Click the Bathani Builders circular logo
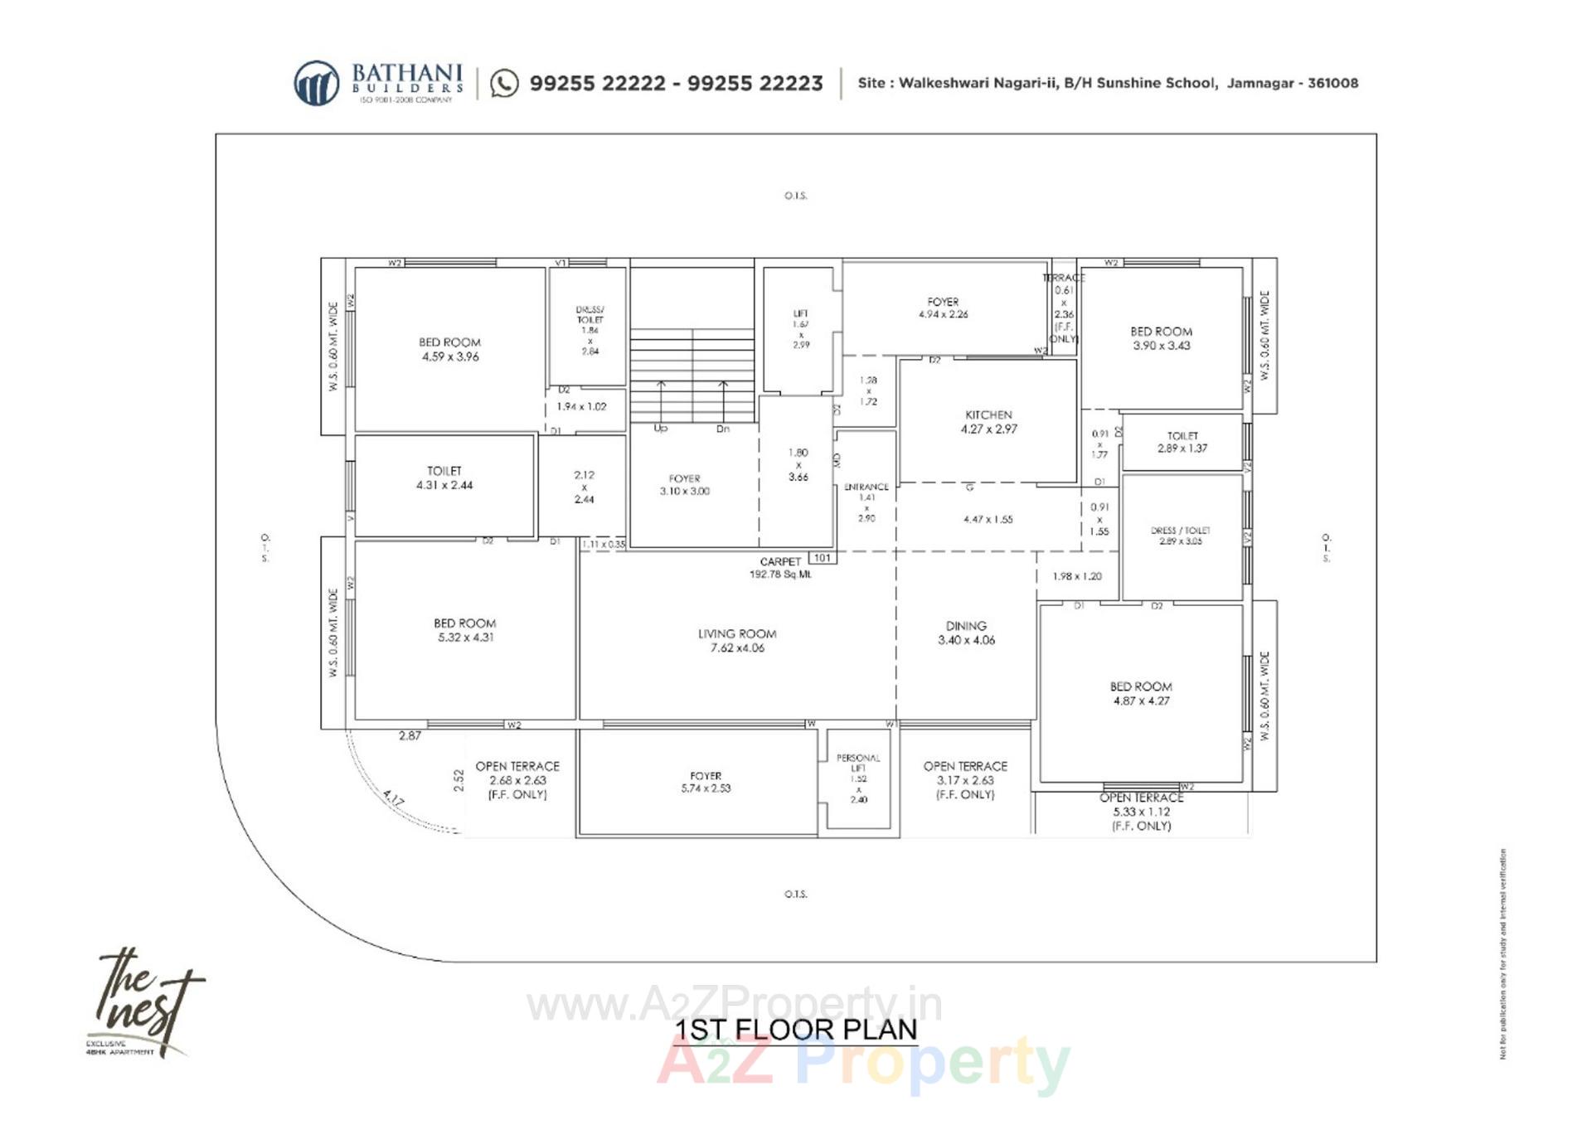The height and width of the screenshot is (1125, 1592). coord(316,83)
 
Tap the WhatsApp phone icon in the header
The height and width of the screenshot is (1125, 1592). coord(504,84)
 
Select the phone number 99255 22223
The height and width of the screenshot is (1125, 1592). coord(755,84)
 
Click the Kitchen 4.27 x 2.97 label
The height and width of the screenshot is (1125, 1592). coord(988,422)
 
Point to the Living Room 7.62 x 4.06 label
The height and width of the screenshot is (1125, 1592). coord(737,641)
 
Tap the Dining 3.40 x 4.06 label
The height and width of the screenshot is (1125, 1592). coord(966,633)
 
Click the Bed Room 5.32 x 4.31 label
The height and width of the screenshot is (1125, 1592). coord(465,630)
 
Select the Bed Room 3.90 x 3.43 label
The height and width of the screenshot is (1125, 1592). coord(1161,338)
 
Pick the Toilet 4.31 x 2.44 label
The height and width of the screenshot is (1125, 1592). coord(444,478)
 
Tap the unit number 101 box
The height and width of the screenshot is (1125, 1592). coord(822,558)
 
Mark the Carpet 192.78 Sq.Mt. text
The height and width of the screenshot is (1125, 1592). coord(780,568)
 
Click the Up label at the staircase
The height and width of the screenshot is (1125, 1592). coord(661,429)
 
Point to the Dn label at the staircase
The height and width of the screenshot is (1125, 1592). coord(723,429)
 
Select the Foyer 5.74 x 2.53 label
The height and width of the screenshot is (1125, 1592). coord(706,782)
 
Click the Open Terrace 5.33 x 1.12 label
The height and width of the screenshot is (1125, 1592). coord(1142,812)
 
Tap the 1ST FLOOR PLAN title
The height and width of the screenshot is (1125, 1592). coord(796,1030)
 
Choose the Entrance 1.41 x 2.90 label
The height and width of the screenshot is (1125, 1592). coord(866,502)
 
